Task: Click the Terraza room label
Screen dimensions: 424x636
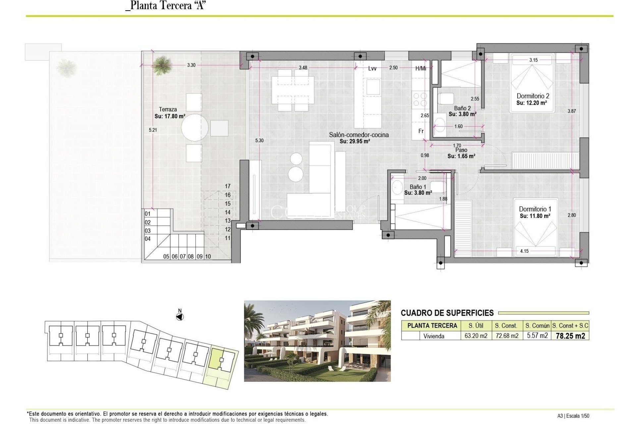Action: [168, 109]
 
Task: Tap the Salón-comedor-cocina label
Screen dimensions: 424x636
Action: [359, 135]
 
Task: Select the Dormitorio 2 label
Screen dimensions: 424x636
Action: [533, 96]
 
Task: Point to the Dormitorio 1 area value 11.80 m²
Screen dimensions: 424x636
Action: [535, 216]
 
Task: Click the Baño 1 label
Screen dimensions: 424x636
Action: [418, 187]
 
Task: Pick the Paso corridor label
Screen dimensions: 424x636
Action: [461, 150]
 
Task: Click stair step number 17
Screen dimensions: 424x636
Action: [228, 186]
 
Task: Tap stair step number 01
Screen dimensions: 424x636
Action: [148, 214]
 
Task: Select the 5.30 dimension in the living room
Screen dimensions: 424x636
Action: [259, 140]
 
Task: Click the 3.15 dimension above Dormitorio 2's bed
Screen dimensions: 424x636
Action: [533, 60]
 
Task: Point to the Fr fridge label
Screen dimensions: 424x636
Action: [421, 131]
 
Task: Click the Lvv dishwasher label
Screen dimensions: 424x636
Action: [372, 69]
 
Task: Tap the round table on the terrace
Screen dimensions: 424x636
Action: [195, 128]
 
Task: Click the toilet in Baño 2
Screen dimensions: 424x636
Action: [446, 99]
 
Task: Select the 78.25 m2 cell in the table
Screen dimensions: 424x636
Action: [570, 336]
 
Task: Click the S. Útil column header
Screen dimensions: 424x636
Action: [476, 326]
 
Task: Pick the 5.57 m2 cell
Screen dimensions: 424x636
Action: [537, 336]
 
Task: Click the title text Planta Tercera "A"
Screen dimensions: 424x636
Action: [166, 6]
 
